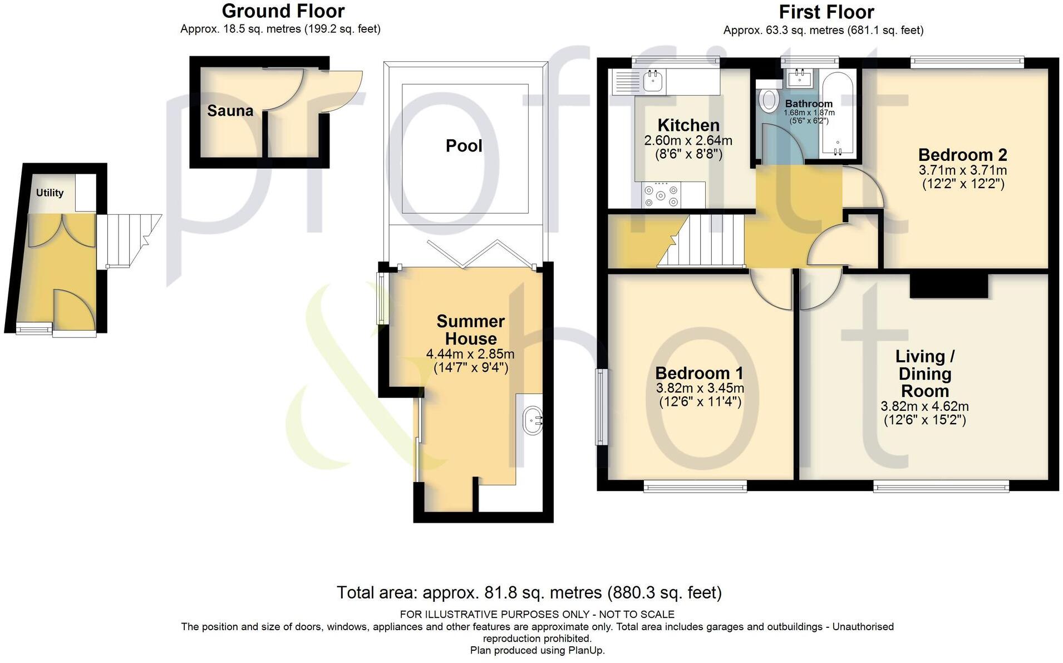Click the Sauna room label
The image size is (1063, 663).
[230, 111]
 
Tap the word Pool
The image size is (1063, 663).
[464, 146]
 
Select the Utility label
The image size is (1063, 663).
[50, 193]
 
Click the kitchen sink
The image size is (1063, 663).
[652, 81]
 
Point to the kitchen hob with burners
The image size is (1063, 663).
[661, 195]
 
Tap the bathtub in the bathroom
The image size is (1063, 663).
[839, 115]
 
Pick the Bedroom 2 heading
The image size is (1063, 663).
[963, 154]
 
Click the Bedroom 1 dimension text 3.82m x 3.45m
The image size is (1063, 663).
[700, 388]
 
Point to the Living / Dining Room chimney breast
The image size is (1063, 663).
[949, 286]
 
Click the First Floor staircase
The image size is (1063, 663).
[701, 240]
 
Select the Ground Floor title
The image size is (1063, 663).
[283, 11]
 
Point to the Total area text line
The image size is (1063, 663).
[529, 592]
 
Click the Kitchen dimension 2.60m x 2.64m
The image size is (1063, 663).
[688, 140]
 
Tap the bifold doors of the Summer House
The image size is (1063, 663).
[482, 254]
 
